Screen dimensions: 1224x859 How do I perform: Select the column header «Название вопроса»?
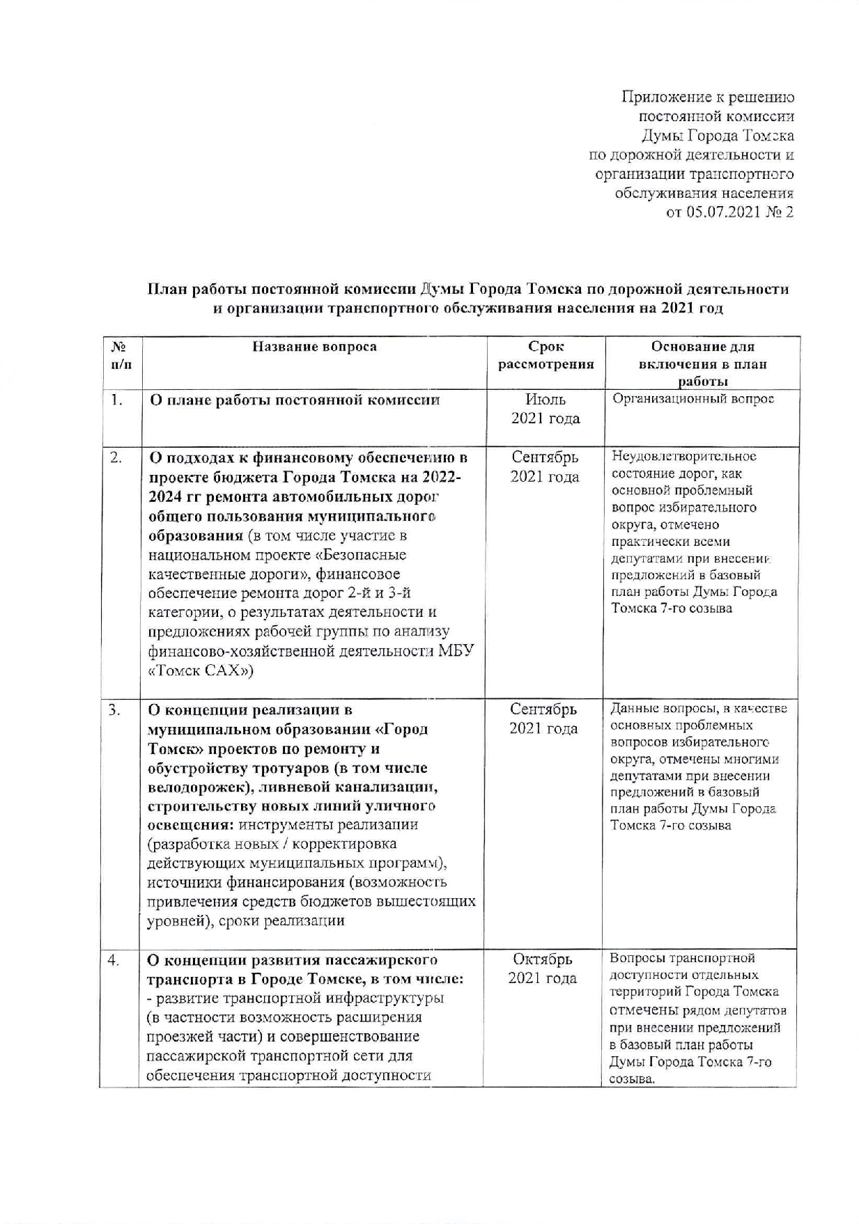point(314,347)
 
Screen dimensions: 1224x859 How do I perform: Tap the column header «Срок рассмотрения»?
point(545,355)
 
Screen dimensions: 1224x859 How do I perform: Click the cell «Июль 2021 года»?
point(545,409)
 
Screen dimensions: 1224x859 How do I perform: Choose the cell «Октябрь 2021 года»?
point(542,968)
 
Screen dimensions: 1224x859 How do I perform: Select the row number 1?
point(116,400)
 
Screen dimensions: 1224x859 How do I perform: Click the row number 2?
point(116,457)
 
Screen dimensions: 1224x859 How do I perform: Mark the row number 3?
point(115,709)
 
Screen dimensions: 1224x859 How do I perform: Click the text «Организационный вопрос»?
point(693,399)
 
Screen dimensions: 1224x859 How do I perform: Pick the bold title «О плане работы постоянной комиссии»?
point(295,400)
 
